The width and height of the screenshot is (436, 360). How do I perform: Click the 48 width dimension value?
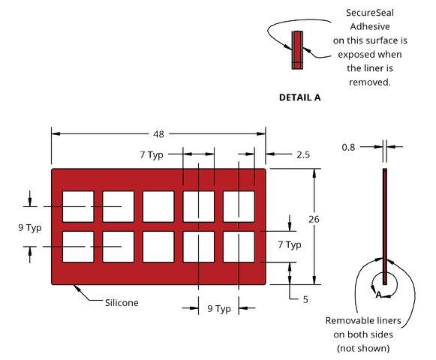click(x=158, y=134)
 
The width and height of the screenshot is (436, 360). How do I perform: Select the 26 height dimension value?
click(x=314, y=219)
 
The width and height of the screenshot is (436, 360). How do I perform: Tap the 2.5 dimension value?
click(x=303, y=154)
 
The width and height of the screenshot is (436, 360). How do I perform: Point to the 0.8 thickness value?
click(x=348, y=147)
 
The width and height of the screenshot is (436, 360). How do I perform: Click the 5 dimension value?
click(x=305, y=299)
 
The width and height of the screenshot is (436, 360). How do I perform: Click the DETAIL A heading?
click(x=299, y=97)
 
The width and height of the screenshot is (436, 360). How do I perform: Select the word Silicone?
click(x=122, y=302)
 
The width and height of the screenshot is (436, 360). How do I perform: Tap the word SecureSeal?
click(x=370, y=13)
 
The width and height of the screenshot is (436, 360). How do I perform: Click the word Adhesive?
click(x=370, y=27)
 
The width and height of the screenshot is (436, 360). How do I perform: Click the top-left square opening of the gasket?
click(x=78, y=206)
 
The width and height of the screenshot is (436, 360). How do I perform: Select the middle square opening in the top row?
click(x=158, y=206)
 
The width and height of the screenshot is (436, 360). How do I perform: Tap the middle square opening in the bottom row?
click(x=158, y=247)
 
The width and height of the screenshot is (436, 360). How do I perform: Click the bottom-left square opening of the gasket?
click(x=78, y=247)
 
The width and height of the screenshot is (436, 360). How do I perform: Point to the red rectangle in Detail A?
click(x=297, y=49)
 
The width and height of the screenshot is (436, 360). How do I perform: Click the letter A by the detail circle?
click(x=378, y=295)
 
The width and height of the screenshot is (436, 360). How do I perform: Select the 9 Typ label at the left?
click(x=30, y=228)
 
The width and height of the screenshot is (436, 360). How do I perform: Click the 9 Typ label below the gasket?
click(x=219, y=308)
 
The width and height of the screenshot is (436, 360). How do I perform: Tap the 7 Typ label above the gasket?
click(x=152, y=154)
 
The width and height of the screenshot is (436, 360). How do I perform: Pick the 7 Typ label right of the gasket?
click(x=290, y=244)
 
